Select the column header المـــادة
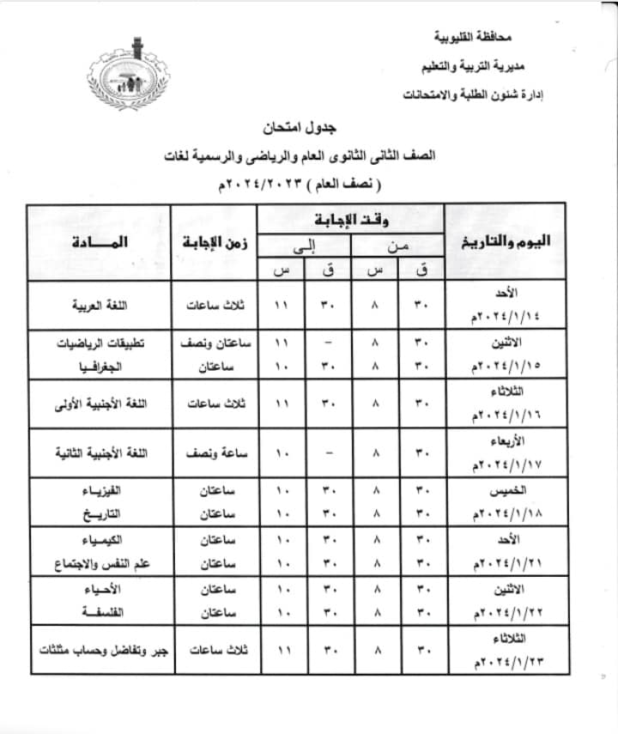pos(100,241)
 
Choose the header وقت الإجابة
pos(353,217)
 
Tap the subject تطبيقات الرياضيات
pos(100,343)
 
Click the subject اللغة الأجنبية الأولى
pos(99,403)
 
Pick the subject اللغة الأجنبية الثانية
pos(99,452)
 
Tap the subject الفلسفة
pos(115,613)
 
